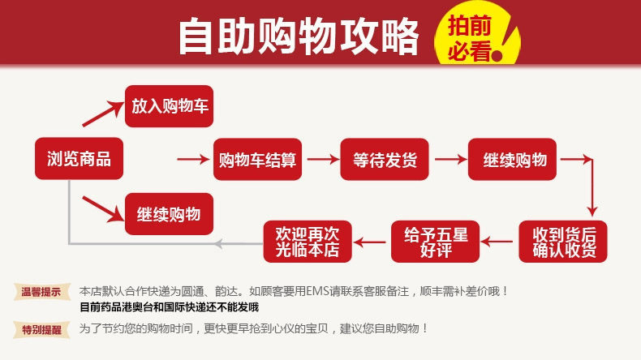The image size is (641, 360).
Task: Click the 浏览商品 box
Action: click(x=73, y=158)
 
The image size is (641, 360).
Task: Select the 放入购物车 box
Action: click(x=169, y=106)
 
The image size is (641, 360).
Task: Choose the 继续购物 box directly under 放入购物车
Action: click(x=169, y=214)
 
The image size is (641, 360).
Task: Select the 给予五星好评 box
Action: click(x=435, y=241)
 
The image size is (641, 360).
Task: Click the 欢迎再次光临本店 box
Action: click(x=308, y=241)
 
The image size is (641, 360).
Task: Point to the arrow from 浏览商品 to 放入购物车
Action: click(x=102, y=114)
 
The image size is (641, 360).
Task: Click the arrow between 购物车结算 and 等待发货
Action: click(x=320, y=159)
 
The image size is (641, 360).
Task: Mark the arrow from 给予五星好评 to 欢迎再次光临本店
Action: click(x=372, y=240)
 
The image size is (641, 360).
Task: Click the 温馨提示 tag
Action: click(x=41, y=291)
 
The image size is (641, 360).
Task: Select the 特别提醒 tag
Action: click(x=41, y=328)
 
